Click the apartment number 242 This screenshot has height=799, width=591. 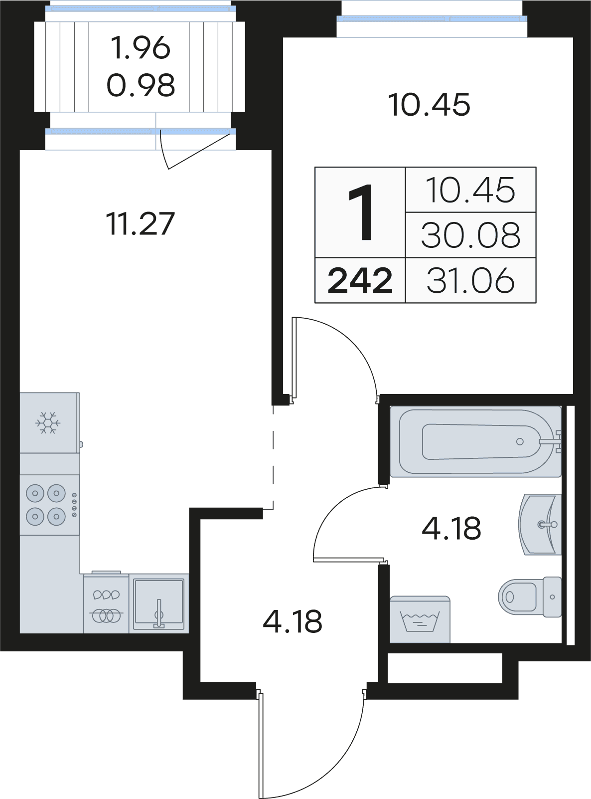360,280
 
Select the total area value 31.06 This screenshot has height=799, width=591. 470,280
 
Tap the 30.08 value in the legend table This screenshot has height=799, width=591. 470,235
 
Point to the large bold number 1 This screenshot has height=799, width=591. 361,212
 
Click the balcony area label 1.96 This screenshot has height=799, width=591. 140,48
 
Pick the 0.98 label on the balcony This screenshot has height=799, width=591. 141,85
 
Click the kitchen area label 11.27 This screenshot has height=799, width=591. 141,224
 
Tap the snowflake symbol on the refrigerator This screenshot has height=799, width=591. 47,422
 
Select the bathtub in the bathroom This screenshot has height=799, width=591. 475,442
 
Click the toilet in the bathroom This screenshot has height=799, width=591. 530,597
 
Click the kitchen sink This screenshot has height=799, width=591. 159,603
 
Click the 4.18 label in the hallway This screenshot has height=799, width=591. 292,622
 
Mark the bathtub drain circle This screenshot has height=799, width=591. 519,441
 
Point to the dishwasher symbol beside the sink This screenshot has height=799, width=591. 106,602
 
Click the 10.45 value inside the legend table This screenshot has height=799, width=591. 470,190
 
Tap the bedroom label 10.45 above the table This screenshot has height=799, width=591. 430,104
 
